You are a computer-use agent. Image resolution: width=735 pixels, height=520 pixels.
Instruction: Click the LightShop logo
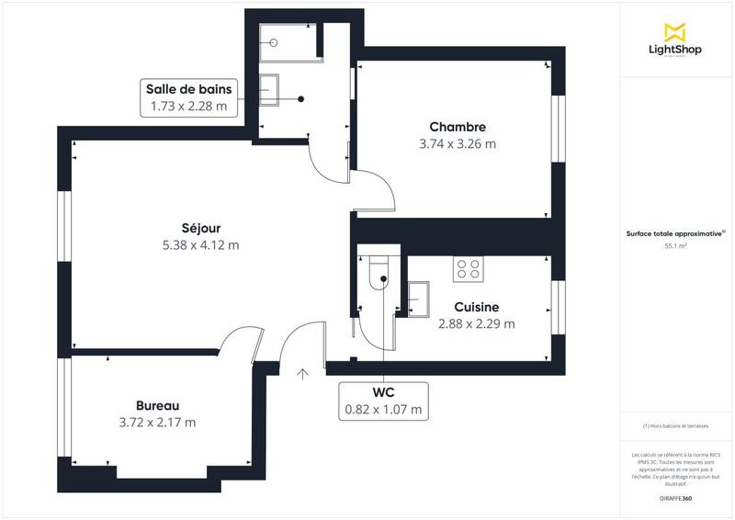(676, 40)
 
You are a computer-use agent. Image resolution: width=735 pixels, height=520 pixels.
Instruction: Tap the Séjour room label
(200, 228)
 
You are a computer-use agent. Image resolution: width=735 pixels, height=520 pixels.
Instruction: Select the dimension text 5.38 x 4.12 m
(200, 245)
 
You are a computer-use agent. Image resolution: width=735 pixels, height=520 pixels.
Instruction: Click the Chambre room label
(457, 127)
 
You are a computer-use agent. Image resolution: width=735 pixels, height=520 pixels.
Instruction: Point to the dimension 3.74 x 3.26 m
(457, 144)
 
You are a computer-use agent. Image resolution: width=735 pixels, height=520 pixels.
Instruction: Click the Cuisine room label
(476, 307)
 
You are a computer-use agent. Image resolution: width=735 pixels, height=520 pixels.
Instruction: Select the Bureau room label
(157, 405)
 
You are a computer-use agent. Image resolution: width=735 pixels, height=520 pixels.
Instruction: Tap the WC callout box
(383, 400)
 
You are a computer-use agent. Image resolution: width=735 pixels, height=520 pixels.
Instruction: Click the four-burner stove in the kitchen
(468, 268)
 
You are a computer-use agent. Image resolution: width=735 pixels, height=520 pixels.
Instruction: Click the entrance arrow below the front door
(303, 373)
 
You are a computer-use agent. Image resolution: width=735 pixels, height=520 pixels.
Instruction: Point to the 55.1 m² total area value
(676, 246)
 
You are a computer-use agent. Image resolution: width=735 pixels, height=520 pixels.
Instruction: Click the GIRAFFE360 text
(676, 496)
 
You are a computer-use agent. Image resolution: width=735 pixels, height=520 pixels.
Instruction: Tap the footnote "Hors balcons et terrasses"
(676, 426)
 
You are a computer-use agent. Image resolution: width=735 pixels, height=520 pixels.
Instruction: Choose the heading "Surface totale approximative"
(674, 234)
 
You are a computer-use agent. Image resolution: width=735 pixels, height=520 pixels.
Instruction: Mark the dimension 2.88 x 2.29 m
(476, 323)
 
